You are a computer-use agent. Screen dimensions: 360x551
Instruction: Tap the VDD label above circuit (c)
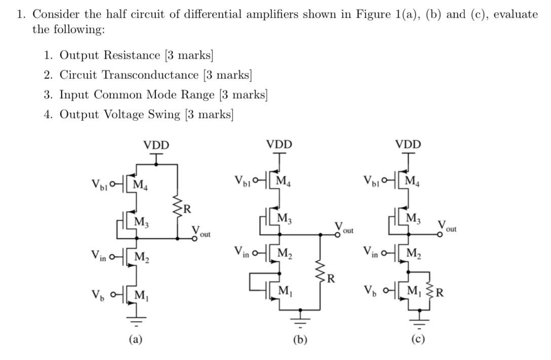(408, 145)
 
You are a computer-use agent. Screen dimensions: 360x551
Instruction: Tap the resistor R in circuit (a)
(177, 208)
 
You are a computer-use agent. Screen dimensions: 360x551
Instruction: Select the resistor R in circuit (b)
(320, 278)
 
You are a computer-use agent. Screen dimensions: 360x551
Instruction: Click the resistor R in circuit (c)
(434, 292)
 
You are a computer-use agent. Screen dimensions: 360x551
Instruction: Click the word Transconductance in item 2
(158, 75)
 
